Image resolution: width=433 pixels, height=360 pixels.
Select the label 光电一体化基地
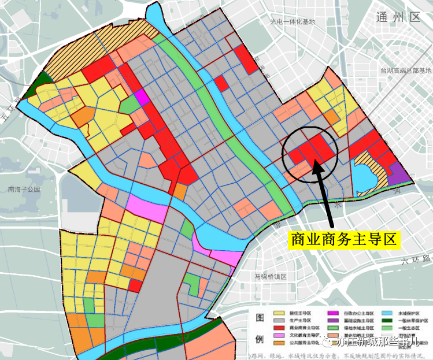click(x=293, y=22)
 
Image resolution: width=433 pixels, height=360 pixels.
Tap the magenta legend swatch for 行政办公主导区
click(x=336, y=312)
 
